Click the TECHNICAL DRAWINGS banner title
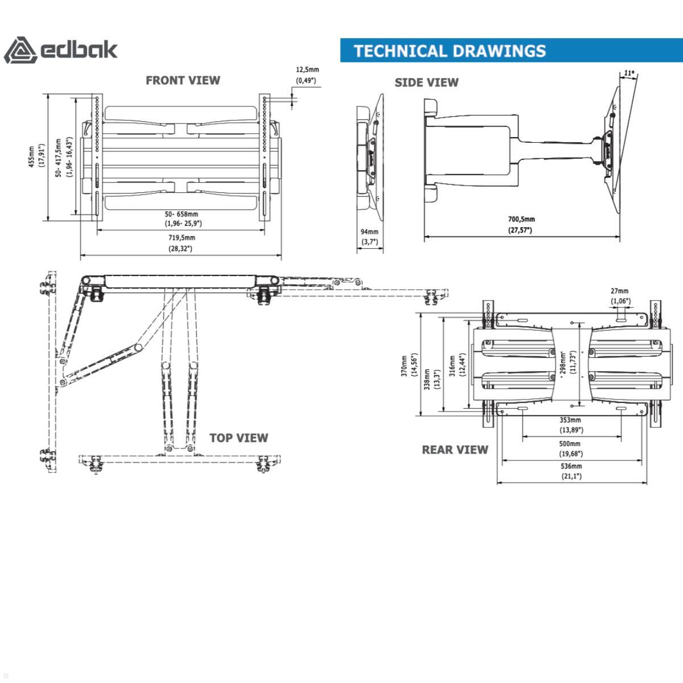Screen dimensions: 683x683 tap(450, 51)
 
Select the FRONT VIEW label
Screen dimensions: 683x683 tap(183, 80)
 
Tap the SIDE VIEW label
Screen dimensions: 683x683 tap(426, 83)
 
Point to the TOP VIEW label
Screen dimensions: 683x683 tap(238, 438)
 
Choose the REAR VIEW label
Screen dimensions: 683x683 tap(455, 450)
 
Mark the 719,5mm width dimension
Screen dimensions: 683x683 tap(180, 238)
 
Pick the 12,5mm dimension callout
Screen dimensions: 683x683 tap(307, 70)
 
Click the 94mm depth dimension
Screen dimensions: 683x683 tap(369, 232)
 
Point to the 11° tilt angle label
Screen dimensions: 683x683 tap(628, 73)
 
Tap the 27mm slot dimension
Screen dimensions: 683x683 tap(620, 291)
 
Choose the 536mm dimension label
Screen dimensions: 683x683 tap(571, 466)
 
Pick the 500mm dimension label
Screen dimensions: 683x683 tap(570, 444)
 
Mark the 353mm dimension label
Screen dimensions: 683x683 tap(571, 420)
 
